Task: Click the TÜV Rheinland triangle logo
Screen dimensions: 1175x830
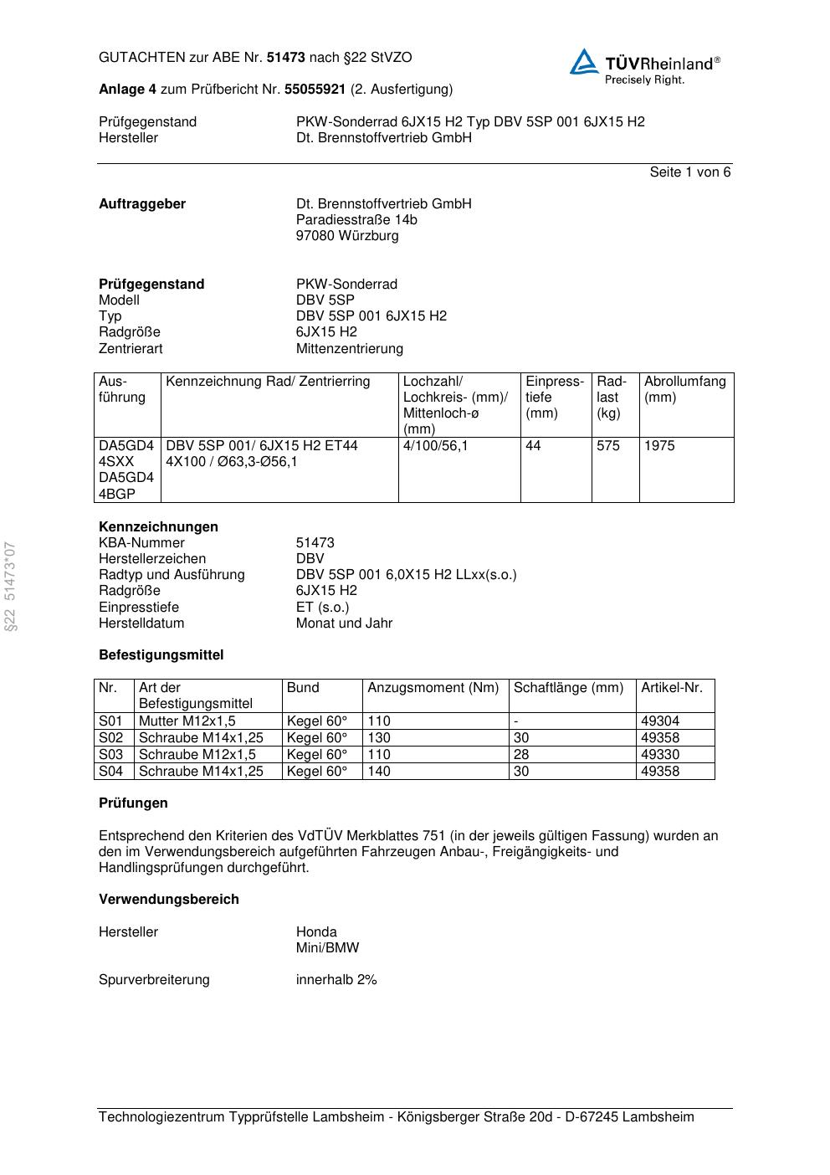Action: point(584,63)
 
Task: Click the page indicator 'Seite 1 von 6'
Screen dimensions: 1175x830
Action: point(689,172)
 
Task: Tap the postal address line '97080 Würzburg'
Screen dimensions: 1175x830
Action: point(347,236)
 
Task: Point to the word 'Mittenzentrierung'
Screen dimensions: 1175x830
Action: point(349,348)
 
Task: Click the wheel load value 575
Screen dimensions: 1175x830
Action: point(608,446)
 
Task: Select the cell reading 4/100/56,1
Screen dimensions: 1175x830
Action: point(435,446)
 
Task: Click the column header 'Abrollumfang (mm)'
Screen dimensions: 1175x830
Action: point(684,389)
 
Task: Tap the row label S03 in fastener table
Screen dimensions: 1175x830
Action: point(110,754)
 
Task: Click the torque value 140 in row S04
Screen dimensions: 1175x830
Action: point(379,771)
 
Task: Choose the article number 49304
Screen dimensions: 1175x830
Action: point(660,721)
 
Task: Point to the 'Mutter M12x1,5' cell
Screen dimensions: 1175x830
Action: point(187,721)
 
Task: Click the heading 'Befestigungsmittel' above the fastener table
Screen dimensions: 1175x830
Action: point(161,655)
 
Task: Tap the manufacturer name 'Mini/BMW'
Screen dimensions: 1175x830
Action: point(327,948)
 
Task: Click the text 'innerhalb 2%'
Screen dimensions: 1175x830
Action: point(336,980)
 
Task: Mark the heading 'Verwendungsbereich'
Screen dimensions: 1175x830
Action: point(168,900)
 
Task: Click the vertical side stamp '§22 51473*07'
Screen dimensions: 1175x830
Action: point(10,587)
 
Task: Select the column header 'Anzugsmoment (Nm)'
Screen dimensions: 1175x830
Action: point(433,688)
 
